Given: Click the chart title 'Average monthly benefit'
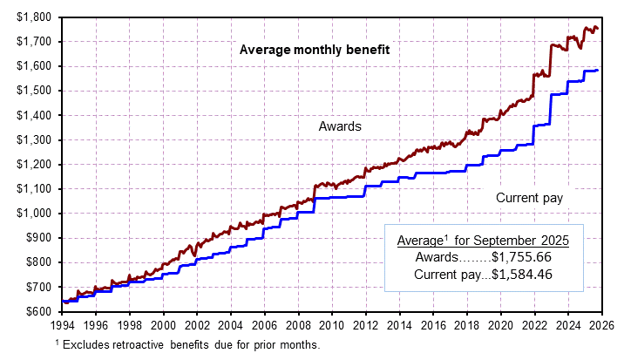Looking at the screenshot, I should click(314, 50).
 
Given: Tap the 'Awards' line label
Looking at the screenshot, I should click(341, 126).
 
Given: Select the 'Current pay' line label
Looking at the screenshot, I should click(529, 198).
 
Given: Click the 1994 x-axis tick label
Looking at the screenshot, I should click(62, 324).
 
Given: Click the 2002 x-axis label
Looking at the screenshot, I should click(197, 324).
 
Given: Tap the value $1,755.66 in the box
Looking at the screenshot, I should click(522, 257).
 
